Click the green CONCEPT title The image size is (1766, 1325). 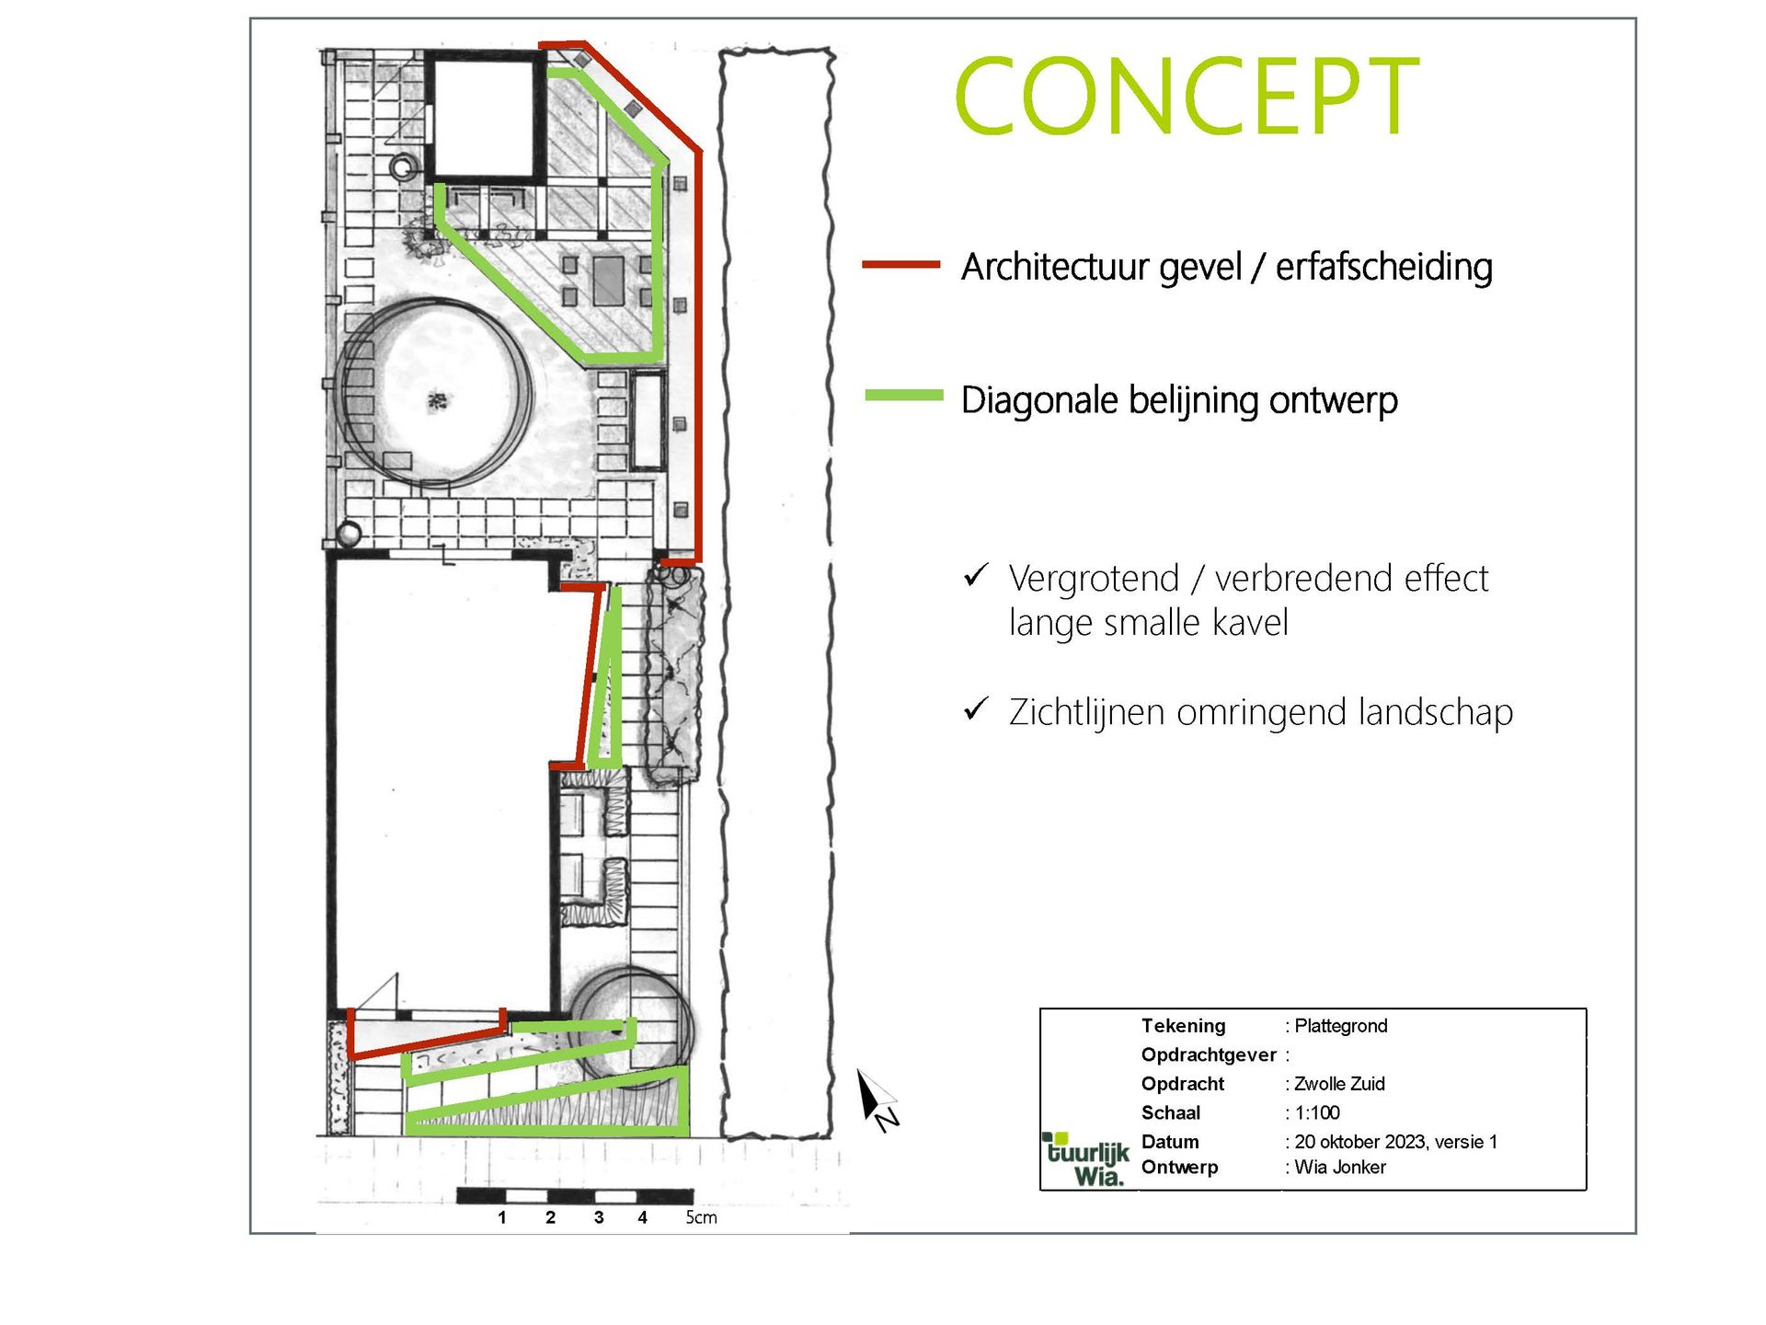click(x=1188, y=96)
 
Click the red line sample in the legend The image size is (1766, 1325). click(x=900, y=265)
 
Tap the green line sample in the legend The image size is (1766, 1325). click(x=904, y=396)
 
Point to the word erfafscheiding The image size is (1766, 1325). click(x=1383, y=267)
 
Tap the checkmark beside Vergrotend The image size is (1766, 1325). click(x=976, y=576)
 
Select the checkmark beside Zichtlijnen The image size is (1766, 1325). click(x=976, y=709)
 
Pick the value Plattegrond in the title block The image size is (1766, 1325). click(x=1341, y=1026)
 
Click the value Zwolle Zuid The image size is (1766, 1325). click(x=1339, y=1084)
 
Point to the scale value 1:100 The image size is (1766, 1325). click(x=1317, y=1113)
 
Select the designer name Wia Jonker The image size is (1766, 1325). click(x=1340, y=1168)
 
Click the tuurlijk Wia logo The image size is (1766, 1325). click(x=1087, y=1160)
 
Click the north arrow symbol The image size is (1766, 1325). click(x=877, y=1099)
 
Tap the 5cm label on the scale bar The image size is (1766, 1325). click(x=701, y=1217)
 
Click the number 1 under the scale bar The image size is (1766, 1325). click(x=502, y=1217)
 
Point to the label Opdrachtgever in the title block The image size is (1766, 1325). click(x=1209, y=1055)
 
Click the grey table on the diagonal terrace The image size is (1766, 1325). click(x=608, y=281)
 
